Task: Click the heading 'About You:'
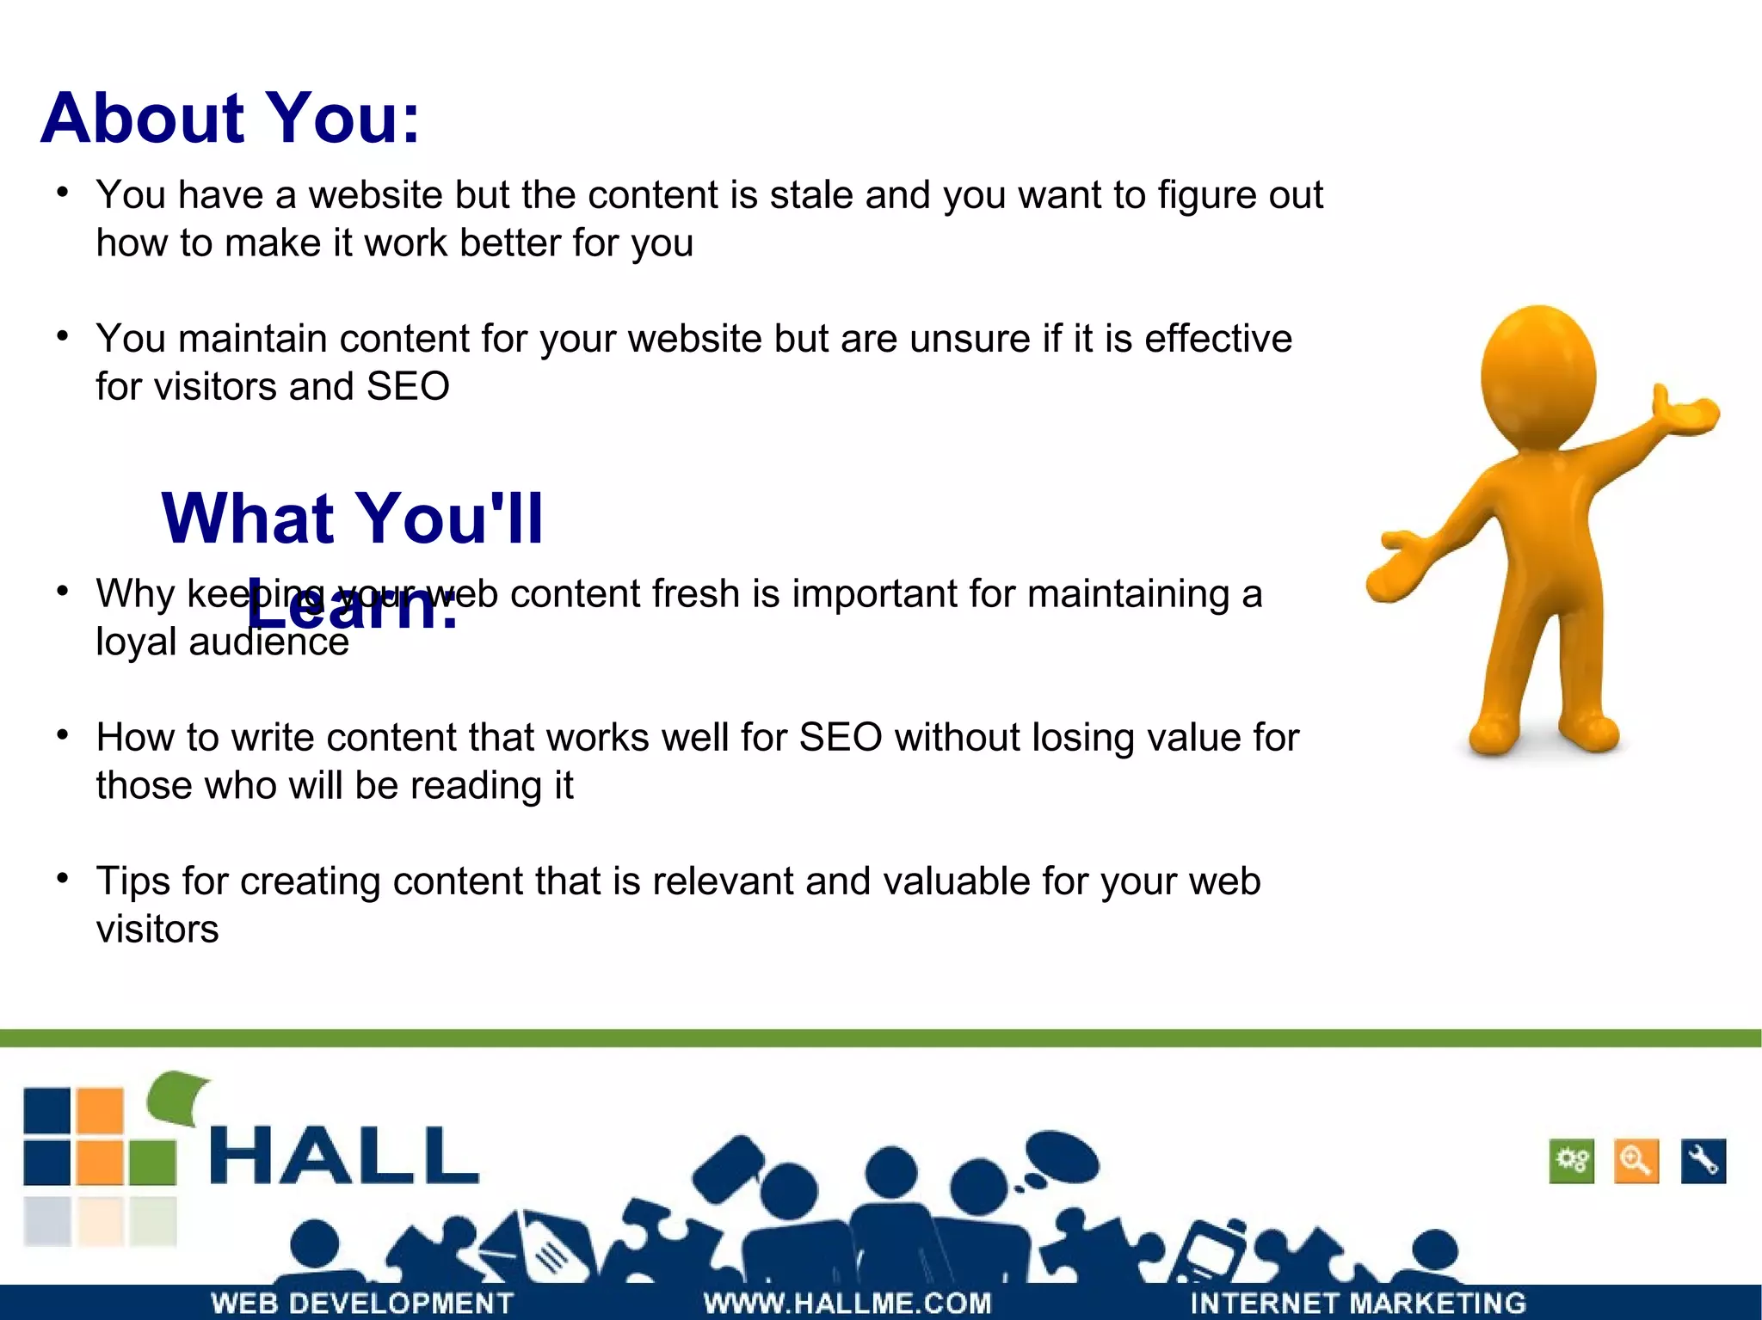coord(230,119)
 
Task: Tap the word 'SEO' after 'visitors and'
coord(408,387)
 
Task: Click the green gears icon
coord(1572,1161)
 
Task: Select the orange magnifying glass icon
coord(1636,1161)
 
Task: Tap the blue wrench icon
coord(1703,1161)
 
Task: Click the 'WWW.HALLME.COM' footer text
coord(847,1303)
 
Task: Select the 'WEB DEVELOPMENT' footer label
coord(362,1303)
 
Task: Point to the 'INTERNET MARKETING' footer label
coord(1358,1303)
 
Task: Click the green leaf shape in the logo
coord(178,1096)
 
